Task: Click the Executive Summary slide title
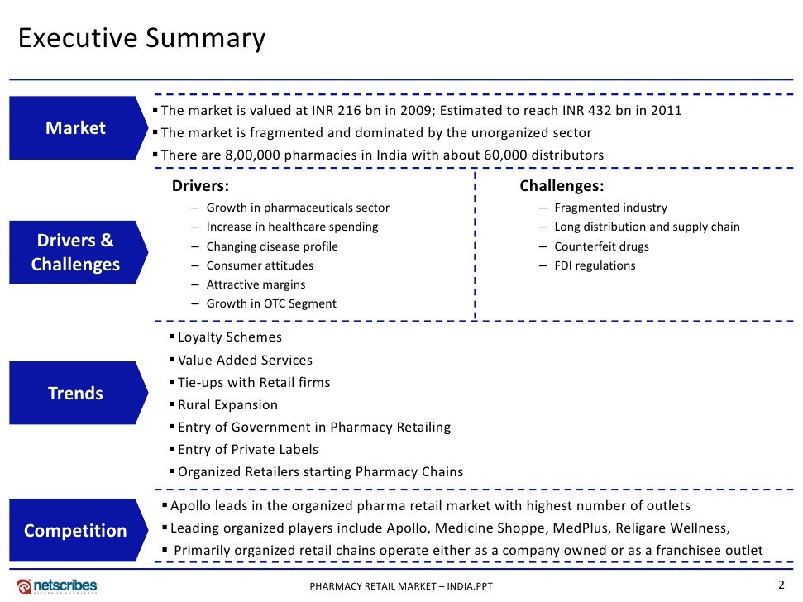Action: [x=142, y=39]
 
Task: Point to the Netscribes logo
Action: [x=57, y=585]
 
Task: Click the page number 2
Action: [x=781, y=585]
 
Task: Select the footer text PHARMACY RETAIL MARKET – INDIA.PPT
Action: [x=401, y=587]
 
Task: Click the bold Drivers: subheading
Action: [x=200, y=186]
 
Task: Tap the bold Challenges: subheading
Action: [x=562, y=186]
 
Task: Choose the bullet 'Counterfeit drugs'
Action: [x=601, y=246]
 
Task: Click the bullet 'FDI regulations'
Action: [x=595, y=265]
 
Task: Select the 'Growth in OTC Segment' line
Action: [x=271, y=303]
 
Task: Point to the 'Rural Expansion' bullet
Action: [x=227, y=405]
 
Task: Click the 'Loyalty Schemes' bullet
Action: [x=229, y=337]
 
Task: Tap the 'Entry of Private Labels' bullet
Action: [x=247, y=450]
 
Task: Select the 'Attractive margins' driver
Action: [x=256, y=284]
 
